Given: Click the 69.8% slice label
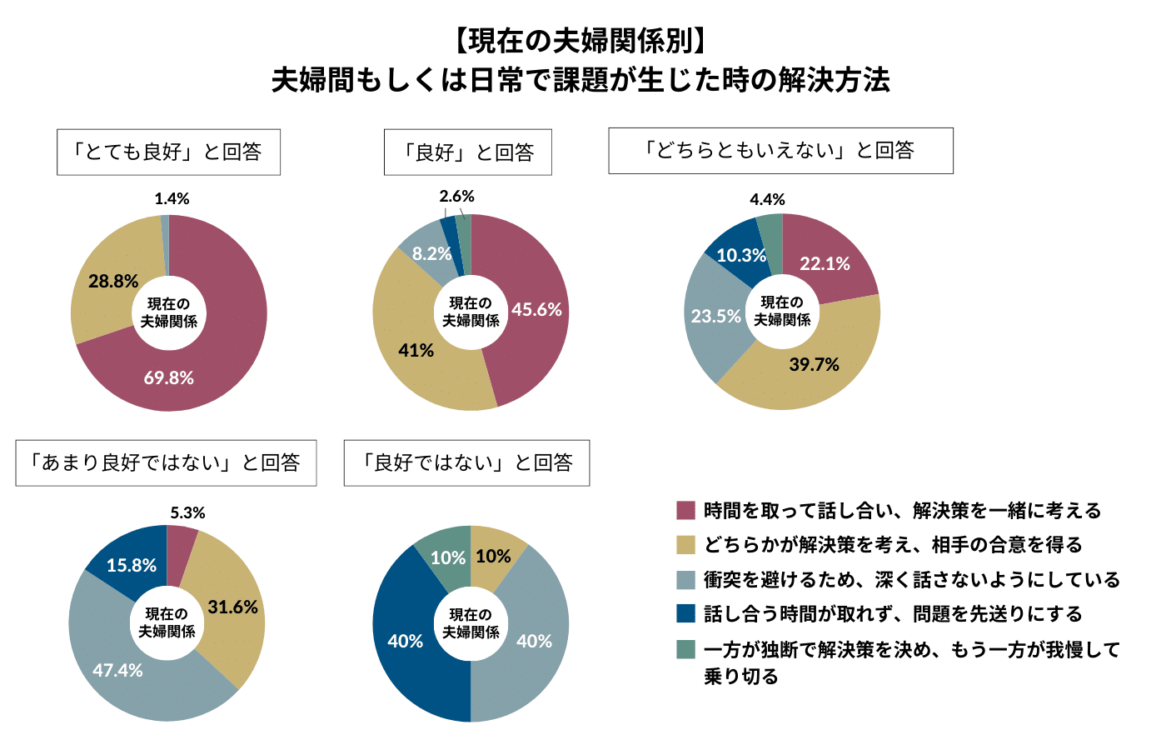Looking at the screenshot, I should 168,377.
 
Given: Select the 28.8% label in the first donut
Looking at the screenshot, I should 113,281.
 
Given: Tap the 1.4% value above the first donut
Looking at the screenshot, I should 172,198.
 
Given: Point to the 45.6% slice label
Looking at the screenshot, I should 536,309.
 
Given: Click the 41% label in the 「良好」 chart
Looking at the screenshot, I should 416,350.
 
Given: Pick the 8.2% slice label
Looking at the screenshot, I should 431,253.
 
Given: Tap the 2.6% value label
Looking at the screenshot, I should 456,196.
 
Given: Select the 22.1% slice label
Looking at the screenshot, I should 825,263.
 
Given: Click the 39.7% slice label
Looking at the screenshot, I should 814,364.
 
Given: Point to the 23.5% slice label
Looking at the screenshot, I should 715,316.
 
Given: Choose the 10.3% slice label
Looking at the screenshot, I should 741,255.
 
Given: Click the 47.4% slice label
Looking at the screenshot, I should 117,670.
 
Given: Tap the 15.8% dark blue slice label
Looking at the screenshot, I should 132,565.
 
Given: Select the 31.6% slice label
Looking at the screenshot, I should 232,607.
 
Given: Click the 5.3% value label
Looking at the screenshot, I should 187,512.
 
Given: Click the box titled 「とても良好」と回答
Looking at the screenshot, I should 168,152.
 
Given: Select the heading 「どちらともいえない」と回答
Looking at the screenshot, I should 780,150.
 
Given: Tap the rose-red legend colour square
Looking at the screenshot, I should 685,510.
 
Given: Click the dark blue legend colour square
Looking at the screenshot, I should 685,613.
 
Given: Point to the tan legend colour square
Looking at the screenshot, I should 685,544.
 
